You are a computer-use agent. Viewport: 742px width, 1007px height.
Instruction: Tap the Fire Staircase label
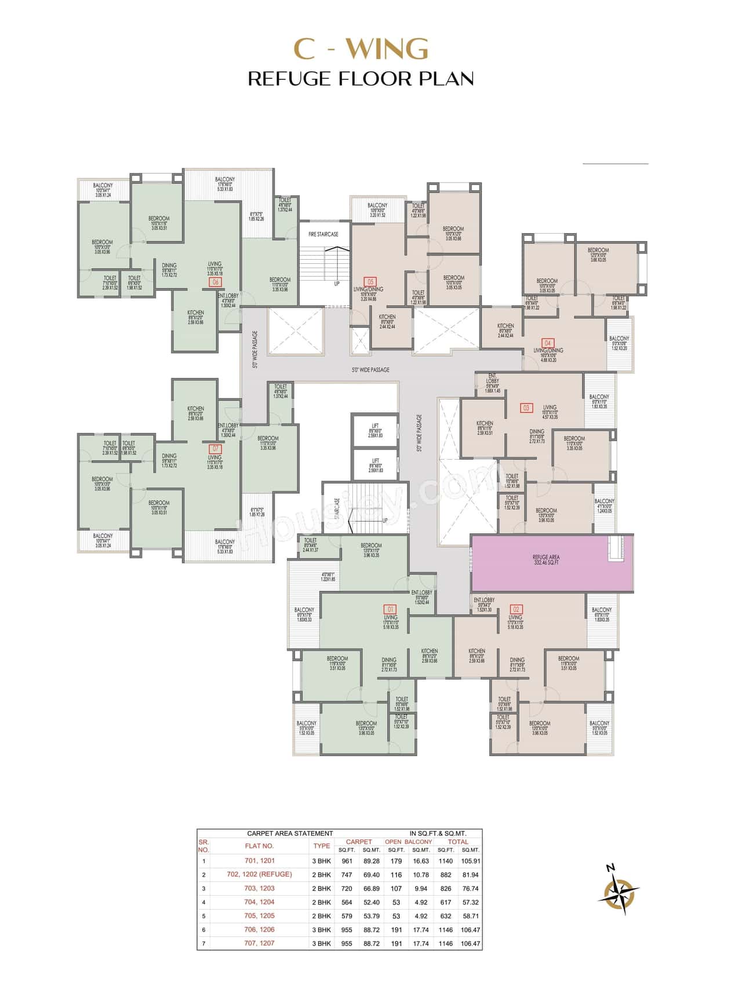coord(323,234)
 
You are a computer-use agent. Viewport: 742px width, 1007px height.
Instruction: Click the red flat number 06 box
coord(216,282)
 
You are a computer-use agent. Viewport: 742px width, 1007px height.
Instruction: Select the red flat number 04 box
coord(547,343)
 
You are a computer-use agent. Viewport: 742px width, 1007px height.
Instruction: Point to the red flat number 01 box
coord(390,609)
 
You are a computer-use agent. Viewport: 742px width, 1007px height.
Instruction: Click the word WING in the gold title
coord(389,49)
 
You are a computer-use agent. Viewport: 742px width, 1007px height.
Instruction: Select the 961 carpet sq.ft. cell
coord(347,861)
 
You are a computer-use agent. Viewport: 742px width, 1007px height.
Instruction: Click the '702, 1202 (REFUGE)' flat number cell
coord(259,874)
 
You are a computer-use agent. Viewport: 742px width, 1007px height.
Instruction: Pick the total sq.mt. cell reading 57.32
coord(471,902)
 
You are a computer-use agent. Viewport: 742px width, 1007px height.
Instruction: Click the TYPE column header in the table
coord(322,846)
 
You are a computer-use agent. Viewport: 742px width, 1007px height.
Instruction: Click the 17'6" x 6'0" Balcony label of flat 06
coord(225,183)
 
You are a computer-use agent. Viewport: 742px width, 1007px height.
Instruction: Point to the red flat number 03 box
coord(526,408)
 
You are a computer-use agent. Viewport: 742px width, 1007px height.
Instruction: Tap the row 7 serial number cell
coord(203,943)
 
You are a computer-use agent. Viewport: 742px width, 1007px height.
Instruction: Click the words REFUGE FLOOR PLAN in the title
coord(361,79)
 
